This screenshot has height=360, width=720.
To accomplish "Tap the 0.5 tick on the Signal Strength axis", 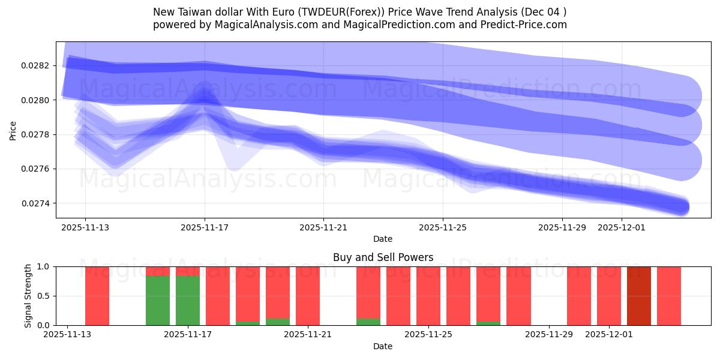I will [44, 296].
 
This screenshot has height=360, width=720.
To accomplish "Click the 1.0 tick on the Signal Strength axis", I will [44, 266].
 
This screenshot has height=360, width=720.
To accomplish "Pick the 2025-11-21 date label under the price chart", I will [323, 227].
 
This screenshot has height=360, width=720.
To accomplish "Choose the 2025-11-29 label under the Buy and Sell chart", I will [549, 335].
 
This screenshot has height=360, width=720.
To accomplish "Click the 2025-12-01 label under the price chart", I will [621, 227].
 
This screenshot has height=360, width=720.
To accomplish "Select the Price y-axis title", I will [13, 130].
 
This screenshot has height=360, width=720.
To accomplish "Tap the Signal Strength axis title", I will [28, 296].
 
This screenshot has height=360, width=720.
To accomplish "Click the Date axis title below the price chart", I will [383, 239].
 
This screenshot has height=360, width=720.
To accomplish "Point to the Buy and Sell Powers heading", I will [383, 257].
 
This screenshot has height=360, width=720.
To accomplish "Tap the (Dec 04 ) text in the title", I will [542, 12].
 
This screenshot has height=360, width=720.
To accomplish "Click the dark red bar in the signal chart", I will [639, 296].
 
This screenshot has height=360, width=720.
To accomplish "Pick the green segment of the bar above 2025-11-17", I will [188, 300].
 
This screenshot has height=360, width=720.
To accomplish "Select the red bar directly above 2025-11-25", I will [428, 296].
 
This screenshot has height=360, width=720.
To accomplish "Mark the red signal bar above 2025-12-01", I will [609, 296].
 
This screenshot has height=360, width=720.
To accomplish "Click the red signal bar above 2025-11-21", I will [308, 296].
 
